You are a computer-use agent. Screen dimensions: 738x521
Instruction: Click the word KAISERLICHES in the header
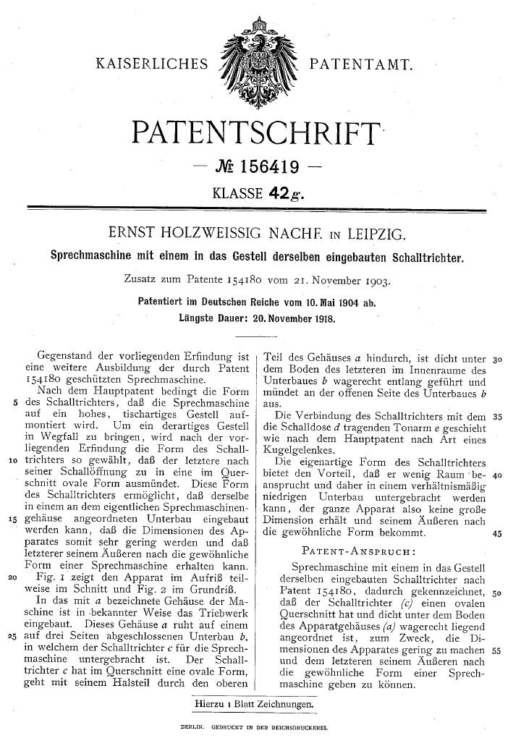[150, 66]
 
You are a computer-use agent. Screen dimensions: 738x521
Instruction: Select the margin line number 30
[497, 359]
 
